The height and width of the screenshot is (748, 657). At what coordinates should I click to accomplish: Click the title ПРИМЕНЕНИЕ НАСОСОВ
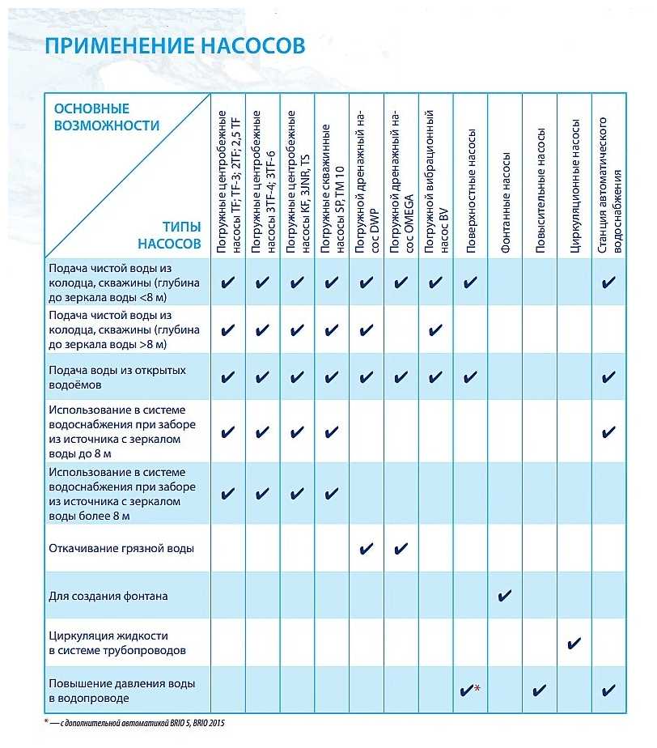[174, 45]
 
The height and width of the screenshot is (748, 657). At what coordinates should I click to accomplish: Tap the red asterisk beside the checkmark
[478, 688]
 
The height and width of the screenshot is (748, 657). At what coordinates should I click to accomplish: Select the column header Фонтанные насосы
[505, 203]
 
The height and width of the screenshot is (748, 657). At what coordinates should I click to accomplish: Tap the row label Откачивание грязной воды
[121, 548]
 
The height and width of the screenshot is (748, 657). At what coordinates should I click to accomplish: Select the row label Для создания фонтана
[108, 597]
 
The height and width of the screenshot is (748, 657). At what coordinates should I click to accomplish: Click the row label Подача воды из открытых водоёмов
[117, 376]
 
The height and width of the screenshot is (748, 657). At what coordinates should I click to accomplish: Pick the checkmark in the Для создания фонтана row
[505, 597]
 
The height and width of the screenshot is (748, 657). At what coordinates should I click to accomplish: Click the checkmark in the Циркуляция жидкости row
[574, 644]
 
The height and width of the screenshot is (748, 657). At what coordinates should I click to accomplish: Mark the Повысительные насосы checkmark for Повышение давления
[540, 691]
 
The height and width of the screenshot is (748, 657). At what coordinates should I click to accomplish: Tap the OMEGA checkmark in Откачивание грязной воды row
[401, 549]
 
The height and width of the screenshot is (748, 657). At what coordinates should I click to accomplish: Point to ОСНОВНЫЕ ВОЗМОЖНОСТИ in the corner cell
[105, 117]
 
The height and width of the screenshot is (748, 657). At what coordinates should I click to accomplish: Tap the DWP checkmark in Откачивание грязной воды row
[366, 549]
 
